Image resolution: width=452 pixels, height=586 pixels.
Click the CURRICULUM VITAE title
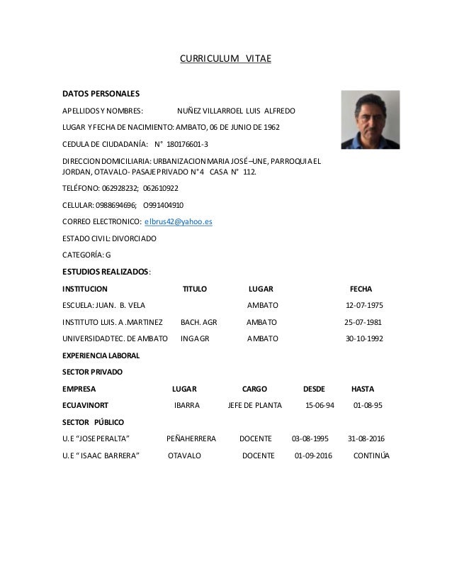point(225,60)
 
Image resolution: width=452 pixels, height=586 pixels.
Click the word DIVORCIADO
point(132,238)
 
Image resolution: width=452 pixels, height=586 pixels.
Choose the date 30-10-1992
point(364,338)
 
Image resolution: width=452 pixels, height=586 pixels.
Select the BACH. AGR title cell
point(199,322)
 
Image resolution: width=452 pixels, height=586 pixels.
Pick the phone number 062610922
point(161,189)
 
